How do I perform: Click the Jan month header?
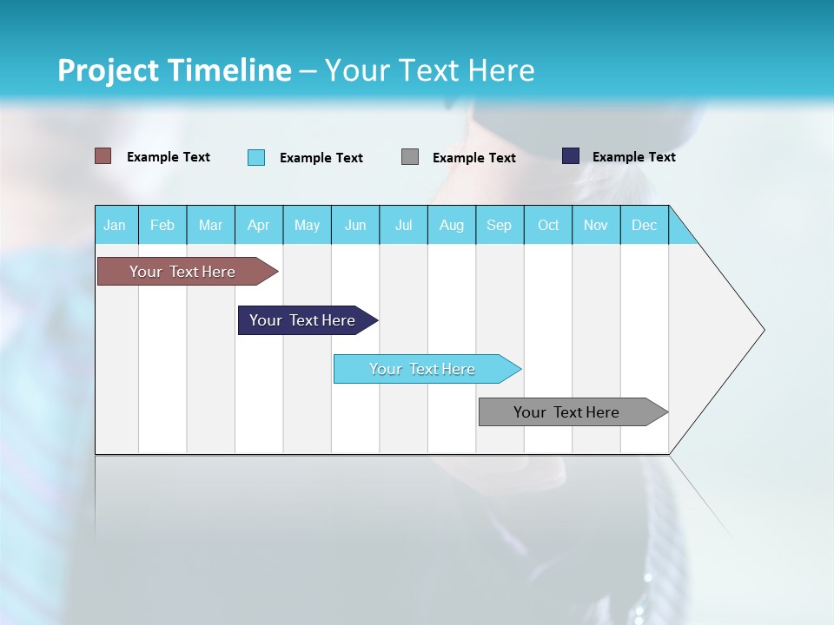pyautogui.click(x=115, y=226)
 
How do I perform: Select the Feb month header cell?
pyautogui.click(x=162, y=226)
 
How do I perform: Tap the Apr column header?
pyautogui.click(x=258, y=226)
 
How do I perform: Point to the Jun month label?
pyautogui.click(x=355, y=226)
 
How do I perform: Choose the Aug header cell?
pyautogui.click(x=451, y=226)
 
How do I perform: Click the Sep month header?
pyautogui.click(x=499, y=226)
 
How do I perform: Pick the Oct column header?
pyautogui.click(x=548, y=226)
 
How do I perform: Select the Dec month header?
pyautogui.click(x=644, y=226)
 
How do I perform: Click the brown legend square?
pyautogui.click(x=103, y=156)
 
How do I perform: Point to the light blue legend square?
pyautogui.click(x=256, y=157)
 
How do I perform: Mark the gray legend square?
pyautogui.click(x=410, y=157)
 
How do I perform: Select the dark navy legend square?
pyautogui.click(x=571, y=156)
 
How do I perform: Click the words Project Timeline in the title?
pyautogui.click(x=175, y=70)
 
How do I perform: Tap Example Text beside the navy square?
pyautogui.click(x=633, y=157)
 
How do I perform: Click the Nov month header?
pyautogui.click(x=596, y=226)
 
